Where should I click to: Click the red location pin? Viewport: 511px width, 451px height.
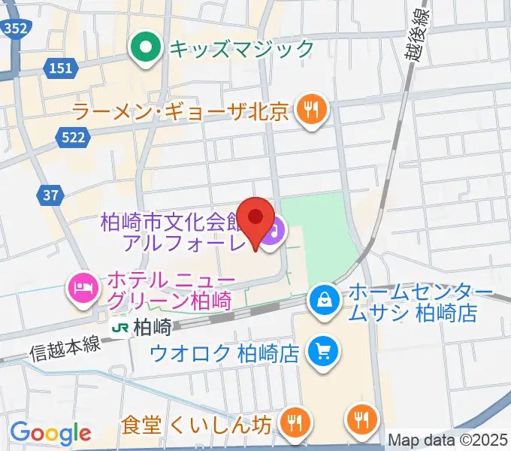(x=256, y=219)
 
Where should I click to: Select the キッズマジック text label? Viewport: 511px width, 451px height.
(x=241, y=50)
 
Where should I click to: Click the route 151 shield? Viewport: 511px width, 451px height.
(x=62, y=68)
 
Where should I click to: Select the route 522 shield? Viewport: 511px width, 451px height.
(x=74, y=136)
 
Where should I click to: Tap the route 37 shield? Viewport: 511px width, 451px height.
(x=50, y=195)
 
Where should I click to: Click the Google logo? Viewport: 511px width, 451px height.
(x=50, y=434)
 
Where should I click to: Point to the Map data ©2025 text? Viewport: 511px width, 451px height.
(x=449, y=440)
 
